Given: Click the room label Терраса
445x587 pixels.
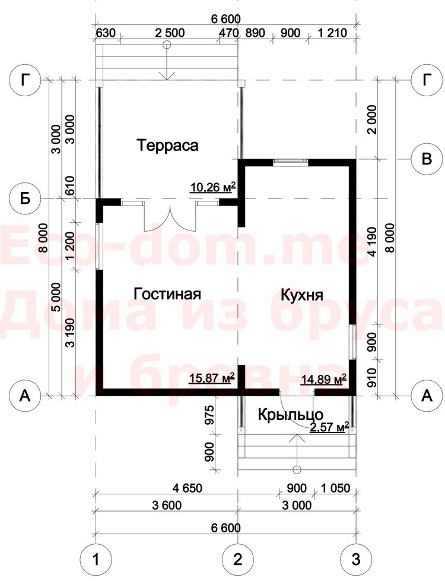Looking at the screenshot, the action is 167,145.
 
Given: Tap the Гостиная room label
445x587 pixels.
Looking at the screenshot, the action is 167,294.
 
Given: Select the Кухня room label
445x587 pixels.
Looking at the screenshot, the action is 302,295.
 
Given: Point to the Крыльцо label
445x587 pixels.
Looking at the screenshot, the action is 291,415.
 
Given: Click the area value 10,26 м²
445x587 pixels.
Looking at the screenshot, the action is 213,187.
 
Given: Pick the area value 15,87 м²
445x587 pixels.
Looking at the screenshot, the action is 212,378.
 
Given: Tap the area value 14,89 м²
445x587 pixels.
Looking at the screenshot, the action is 323,379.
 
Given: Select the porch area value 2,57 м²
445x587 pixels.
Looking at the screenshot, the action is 329,427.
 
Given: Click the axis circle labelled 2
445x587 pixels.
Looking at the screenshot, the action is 237,560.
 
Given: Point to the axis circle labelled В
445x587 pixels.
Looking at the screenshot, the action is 427,159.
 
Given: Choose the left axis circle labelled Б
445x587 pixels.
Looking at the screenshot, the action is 25,199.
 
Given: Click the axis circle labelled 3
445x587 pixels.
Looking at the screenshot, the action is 355,560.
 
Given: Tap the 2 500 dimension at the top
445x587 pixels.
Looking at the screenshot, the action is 170,33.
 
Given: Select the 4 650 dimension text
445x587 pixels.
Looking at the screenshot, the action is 187,488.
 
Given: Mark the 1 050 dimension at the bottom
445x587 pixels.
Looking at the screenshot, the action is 335,488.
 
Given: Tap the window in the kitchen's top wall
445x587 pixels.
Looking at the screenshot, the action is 291,162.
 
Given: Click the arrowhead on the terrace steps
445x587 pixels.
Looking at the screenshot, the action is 167,75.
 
